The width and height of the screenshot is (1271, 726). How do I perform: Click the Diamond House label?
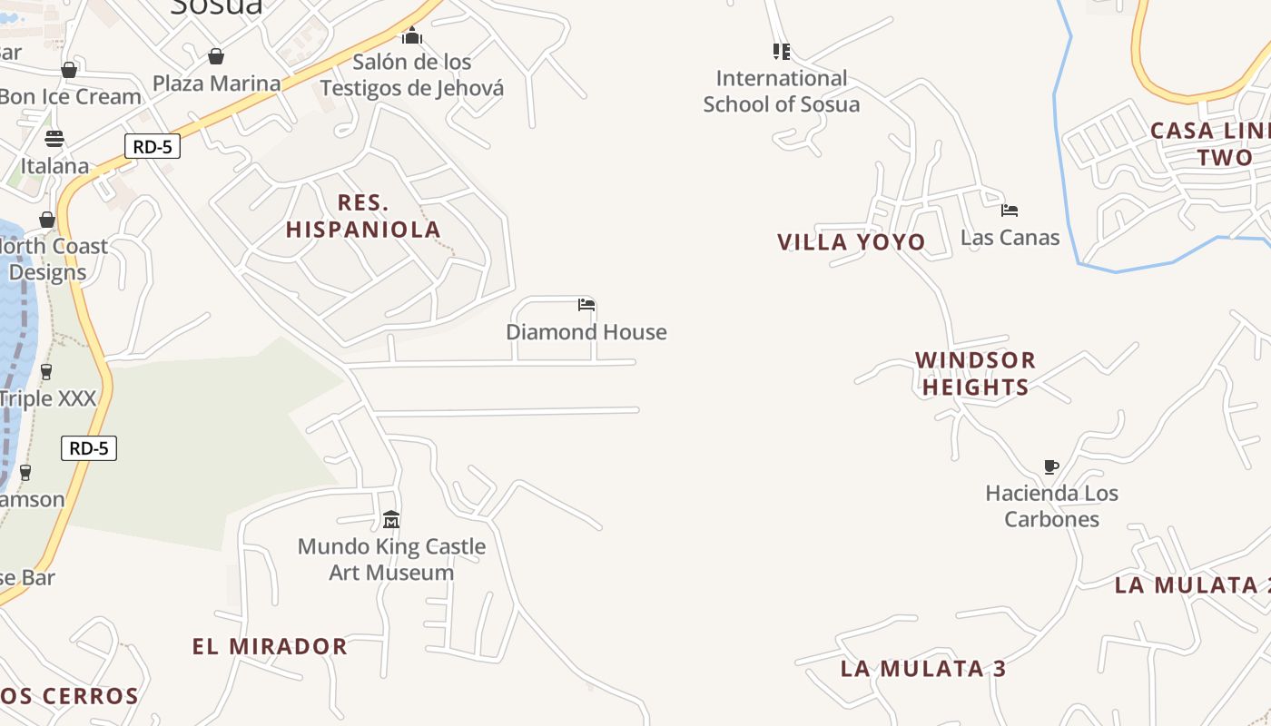(586, 332)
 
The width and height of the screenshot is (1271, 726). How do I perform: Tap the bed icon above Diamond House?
(586, 305)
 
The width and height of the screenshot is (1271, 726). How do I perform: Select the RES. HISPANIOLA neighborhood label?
(363, 216)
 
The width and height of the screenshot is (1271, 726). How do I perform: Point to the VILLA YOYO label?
(851, 242)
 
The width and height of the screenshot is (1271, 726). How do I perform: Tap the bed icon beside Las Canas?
(1010, 211)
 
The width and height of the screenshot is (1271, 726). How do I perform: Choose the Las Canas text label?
(1010, 238)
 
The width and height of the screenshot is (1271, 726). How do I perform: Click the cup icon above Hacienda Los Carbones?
(1051, 467)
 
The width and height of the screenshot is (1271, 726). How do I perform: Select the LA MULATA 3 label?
(923, 670)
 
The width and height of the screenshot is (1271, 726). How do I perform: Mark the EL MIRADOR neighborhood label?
(270, 647)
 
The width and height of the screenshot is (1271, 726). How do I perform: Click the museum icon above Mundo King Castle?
(391, 520)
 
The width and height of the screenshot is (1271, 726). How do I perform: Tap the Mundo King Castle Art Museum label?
(391, 560)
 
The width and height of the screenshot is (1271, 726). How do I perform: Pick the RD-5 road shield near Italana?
(153, 146)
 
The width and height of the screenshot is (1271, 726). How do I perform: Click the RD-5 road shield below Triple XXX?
(90, 448)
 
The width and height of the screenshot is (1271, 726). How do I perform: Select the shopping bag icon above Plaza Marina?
(216, 57)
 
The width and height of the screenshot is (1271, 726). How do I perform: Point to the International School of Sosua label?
(781, 91)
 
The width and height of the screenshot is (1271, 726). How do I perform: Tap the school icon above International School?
(781, 52)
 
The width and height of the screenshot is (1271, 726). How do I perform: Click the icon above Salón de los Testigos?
(412, 36)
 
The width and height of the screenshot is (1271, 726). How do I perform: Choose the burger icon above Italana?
(54, 139)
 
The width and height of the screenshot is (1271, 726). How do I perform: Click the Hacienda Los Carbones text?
(1051, 506)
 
